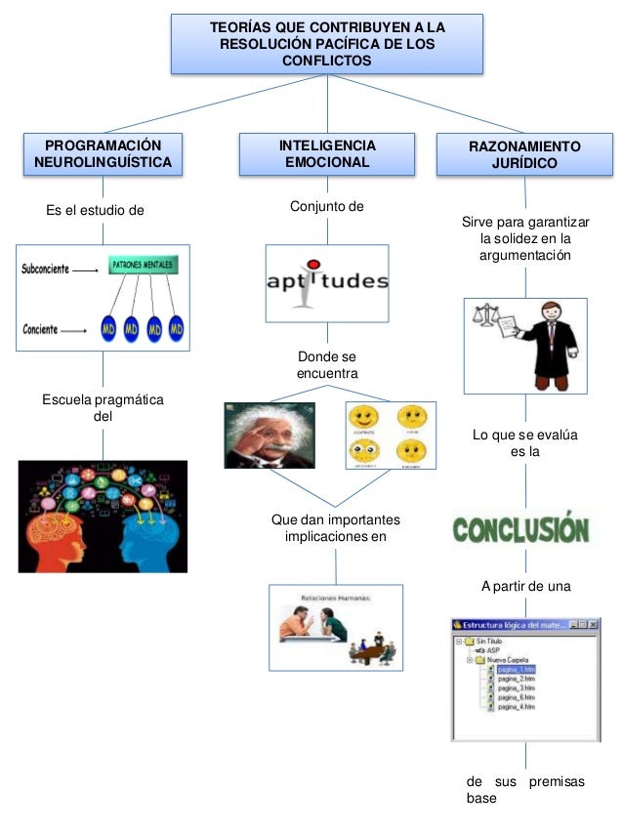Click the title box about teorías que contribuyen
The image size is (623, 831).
pyautogui.click(x=327, y=44)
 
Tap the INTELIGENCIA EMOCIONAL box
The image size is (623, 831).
pyautogui.click(x=327, y=154)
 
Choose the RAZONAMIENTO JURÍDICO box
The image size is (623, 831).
pyautogui.click(x=524, y=154)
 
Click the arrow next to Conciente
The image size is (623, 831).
pyautogui.click(x=73, y=330)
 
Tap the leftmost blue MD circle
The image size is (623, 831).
pyautogui.click(x=110, y=329)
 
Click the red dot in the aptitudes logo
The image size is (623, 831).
pyautogui.click(x=311, y=263)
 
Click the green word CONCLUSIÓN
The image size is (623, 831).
pyautogui.click(x=520, y=528)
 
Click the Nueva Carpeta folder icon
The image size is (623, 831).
pyautogui.click(x=478, y=660)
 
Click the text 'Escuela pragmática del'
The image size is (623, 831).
pyautogui.click(x=103, y=407)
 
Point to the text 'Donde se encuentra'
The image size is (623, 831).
pyautogui.click(x=327, y=365)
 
